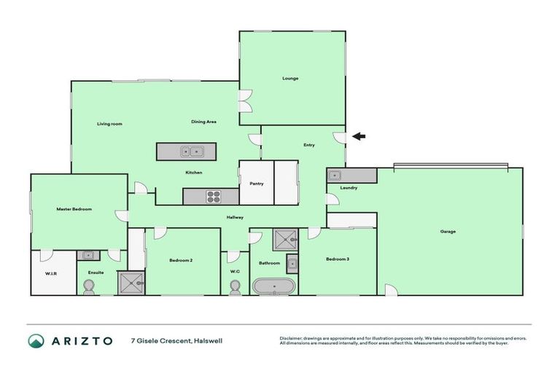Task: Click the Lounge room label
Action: pos(290,78)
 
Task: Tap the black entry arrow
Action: pos(359,136)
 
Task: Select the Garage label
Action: pos(448,232)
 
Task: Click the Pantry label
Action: pos(256,184)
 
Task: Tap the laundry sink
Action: pos(335,176)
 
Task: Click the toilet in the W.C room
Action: pos(235,288)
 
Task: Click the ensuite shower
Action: pos(131,282)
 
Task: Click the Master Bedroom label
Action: pos(74,209)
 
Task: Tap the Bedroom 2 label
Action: pos(181,259)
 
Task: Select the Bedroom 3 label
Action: pos(337,259)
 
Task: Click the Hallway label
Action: pos(235,217)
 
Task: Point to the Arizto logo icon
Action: pos(36,340)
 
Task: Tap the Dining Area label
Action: pos(203,122)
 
